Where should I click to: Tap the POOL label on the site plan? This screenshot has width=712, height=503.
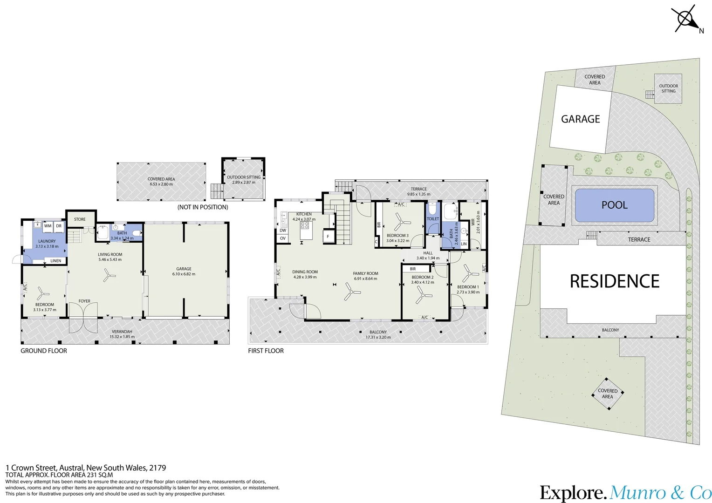pos(615,205)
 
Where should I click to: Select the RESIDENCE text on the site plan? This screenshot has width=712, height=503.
pos(615,281)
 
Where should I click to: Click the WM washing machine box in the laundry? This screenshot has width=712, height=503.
pos(48,226)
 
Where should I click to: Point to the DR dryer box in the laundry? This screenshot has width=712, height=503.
pos(59,226)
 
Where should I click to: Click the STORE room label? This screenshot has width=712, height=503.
pos(80,219)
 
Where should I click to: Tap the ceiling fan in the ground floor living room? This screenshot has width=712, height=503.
pos(108,275)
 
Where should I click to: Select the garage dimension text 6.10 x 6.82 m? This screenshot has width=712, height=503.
pos(184,274)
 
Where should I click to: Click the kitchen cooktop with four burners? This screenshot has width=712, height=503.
pos(305,225)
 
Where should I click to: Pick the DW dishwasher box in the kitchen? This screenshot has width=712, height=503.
pos(283,231)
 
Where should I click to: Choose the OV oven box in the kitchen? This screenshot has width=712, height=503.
pos(283,238)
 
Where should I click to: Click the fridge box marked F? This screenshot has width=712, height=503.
pos(328,237)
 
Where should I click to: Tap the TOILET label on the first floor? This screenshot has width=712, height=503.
pos(433,218)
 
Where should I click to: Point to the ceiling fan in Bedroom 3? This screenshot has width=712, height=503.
pos(399,222)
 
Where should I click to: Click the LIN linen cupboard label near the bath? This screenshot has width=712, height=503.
pos(464,244)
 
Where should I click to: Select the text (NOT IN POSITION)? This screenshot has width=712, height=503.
pos(203,207)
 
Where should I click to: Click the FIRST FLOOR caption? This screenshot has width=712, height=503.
pos(266,351)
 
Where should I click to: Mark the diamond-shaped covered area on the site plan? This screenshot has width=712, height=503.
pos(608,394)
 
